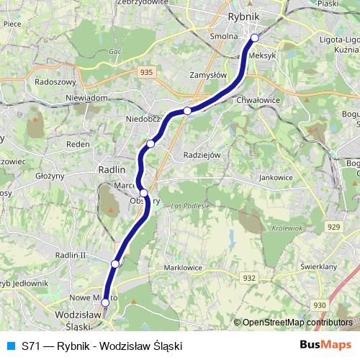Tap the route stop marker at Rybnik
point(254,37)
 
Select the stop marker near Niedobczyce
point(150,143)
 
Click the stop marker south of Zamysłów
point(187,110)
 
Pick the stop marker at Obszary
point(144,192)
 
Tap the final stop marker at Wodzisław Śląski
point(105,302)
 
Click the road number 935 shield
point(147,71)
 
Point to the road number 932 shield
point(250,277)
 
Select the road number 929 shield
point(333,227)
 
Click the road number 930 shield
point(320,305)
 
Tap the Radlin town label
point(111,169)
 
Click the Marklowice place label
point(183,267)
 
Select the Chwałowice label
point(257,100)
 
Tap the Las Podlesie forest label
point(190,206)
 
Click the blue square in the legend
point(10,346)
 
